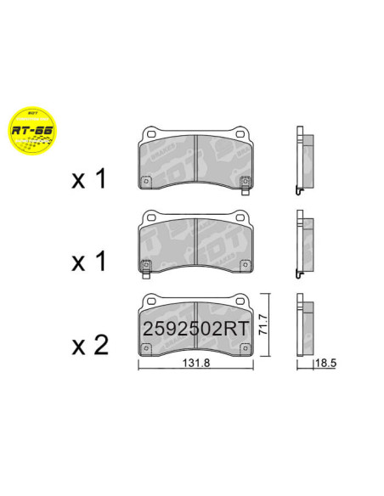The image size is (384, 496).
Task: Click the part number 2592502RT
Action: pos(196,327)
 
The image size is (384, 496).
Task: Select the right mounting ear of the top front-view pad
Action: pos(242,132)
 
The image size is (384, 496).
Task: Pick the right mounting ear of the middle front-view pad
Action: pos(242,216)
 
